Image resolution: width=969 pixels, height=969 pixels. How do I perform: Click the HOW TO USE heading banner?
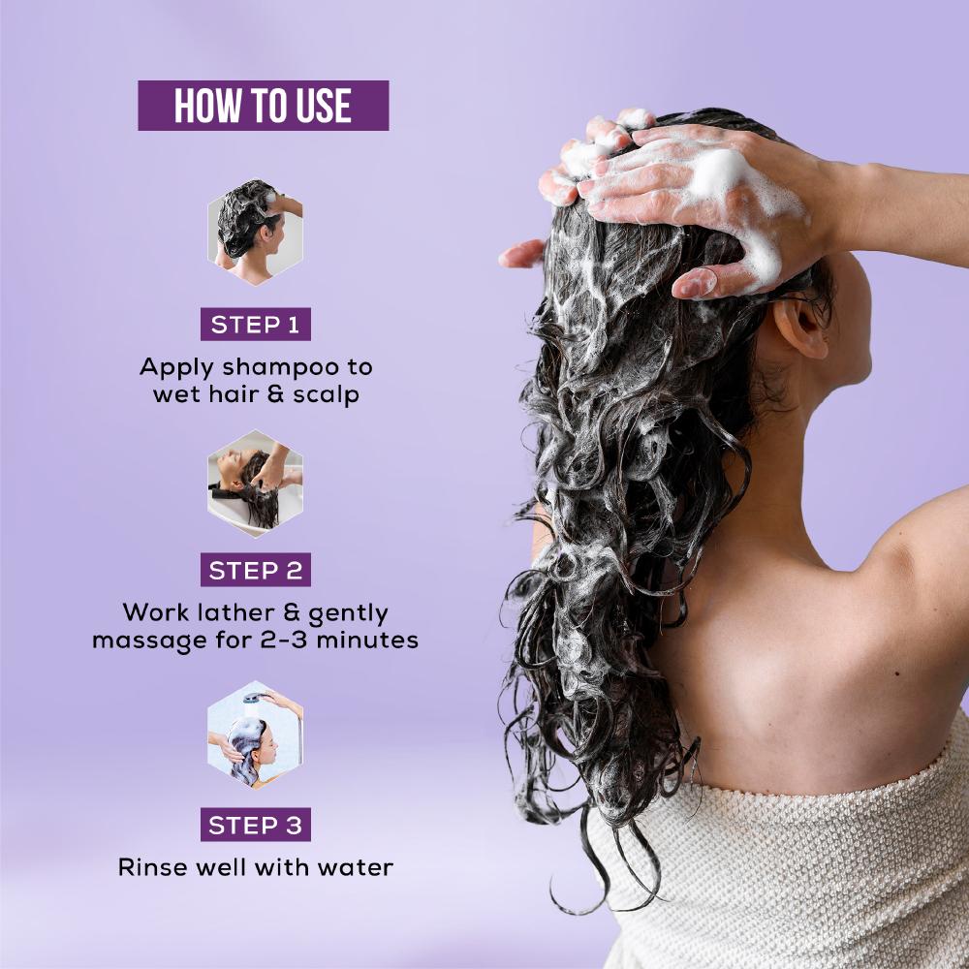point(264,105)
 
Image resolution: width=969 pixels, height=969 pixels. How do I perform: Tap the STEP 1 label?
point(255,325)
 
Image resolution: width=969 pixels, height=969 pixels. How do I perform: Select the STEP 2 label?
point(255,570)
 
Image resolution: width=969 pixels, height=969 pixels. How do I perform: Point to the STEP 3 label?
point(255,825)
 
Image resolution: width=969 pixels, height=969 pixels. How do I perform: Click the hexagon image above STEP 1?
point(255,232)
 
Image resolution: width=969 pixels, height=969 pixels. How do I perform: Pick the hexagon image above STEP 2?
point(255,484)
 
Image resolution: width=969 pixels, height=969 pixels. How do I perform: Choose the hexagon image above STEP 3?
point(255,735)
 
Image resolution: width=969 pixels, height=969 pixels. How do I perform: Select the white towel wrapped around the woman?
point(797,865)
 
